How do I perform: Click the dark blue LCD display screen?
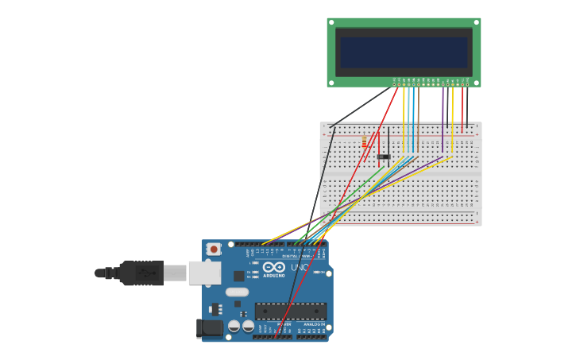(404, 52)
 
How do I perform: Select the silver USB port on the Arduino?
(204, 273)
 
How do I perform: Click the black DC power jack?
(210, 327)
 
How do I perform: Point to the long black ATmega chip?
(290, 311)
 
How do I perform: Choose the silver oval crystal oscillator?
(237, 292)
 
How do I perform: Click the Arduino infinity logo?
(273, 267)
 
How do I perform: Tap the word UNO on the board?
(300, 268)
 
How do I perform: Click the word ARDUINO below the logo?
(273, 277)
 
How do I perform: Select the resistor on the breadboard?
(365, 141)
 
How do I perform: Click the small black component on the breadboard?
(383, 157)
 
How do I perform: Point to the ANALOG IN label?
(312, 324)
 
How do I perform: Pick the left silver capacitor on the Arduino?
(234, 326)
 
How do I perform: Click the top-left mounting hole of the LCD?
(331, 21)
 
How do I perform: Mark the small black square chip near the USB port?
(239, 276)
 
